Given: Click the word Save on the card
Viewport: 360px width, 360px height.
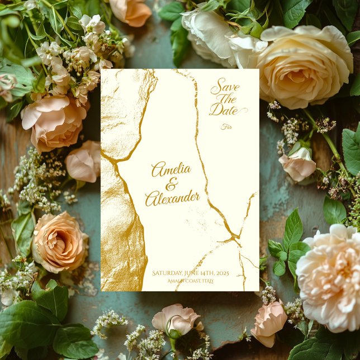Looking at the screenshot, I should coord(225,88).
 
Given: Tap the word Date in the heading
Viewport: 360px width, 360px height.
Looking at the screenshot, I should coord(223,111).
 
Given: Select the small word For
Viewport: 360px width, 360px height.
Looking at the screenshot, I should coord(226,127).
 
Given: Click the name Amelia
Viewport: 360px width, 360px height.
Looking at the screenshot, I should coord(171,169).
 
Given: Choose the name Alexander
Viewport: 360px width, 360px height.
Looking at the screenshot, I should coord(172,197).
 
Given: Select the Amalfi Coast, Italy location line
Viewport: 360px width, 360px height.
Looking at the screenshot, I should coord(190,281).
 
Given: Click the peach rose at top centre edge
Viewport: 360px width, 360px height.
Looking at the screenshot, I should coord(131,11).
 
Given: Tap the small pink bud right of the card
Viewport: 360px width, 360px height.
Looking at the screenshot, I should coord(298,163).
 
